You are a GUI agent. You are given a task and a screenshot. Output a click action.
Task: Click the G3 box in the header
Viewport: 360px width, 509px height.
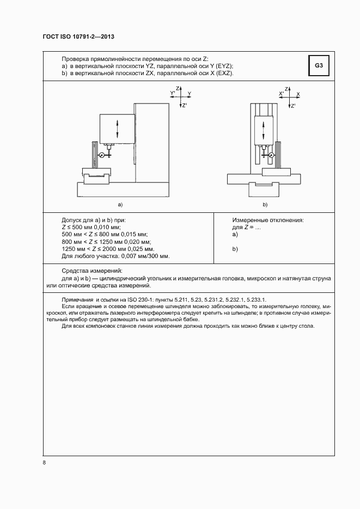point(319,66)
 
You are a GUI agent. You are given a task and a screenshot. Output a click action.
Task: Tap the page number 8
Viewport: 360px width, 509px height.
point(44,463)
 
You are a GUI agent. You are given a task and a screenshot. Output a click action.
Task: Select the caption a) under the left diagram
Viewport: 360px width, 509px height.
point(120,205)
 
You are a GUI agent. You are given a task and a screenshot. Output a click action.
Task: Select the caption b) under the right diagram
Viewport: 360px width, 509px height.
point(265,205)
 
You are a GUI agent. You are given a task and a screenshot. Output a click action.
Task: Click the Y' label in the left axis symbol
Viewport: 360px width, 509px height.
point(173,94)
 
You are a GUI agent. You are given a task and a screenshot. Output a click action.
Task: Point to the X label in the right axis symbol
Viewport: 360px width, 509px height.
point(298,94)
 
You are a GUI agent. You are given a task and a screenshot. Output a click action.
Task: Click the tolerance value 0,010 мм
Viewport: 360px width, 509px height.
point(108,226)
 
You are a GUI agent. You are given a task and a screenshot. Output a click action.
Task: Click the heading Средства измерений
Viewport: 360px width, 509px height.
point(92,271)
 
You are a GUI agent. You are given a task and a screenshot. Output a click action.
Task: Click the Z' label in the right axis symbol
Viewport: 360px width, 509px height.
point(294,106)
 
